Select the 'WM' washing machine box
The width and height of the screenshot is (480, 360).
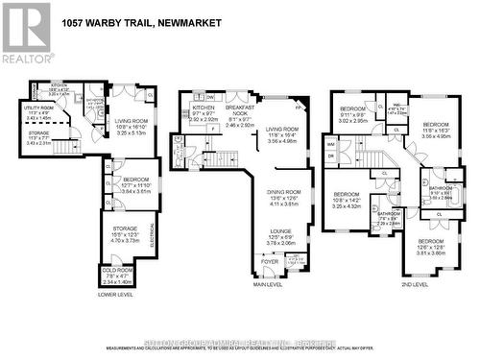tap(331, 144)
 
